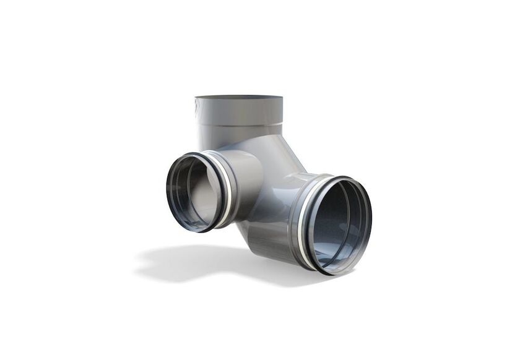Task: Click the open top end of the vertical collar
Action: pos(238,98)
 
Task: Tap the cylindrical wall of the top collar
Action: pos(238,114)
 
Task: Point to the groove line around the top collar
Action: pos(238,126)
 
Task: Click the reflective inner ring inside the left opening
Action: pos(180,192)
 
